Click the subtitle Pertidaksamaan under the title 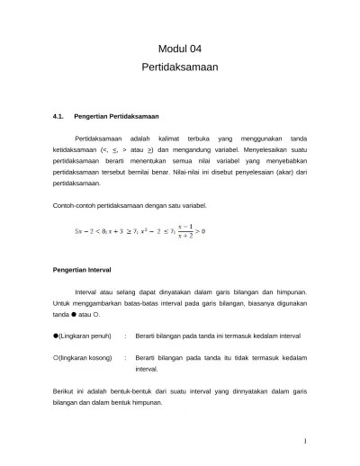coord(180,67)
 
